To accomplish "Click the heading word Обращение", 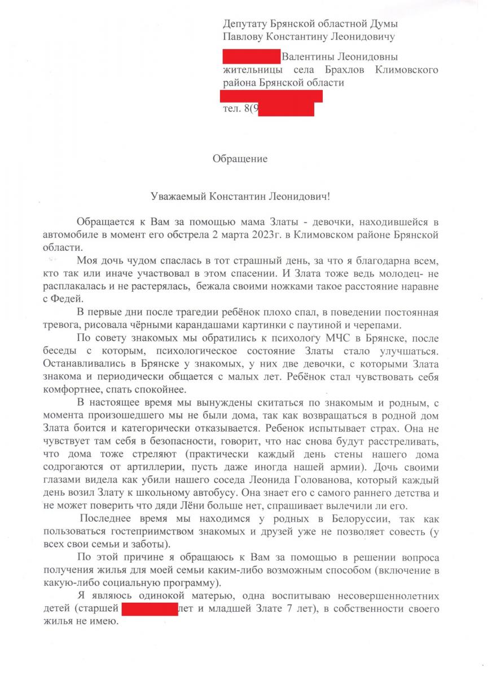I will [x=240, y=159].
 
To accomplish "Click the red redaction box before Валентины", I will [x=251, y=57].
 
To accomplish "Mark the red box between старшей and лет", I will [x=149, y=610].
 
